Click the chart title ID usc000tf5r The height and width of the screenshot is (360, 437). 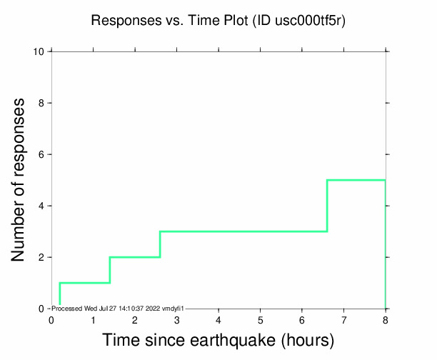pos(301,21)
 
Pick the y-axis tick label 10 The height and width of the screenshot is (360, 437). pos(41,51)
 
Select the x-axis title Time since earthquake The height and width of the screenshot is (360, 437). pos(218,341)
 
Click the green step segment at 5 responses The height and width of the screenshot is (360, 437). pos(356,180)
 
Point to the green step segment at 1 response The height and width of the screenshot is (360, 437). pos(84,283)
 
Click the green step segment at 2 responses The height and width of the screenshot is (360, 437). pos(135,257)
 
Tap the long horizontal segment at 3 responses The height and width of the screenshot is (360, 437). pos(243,231)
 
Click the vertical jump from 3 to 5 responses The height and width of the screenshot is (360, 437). pos(327,206)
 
